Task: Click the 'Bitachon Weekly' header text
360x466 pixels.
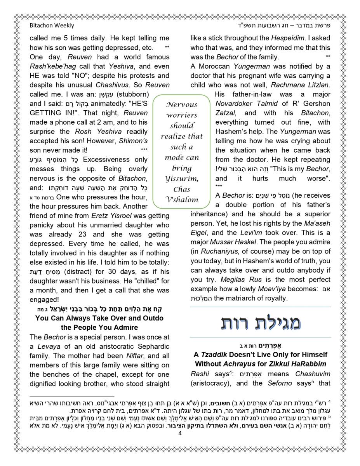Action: (x=52, y=26)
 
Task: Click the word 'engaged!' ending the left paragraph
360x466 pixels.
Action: (x=43, y=300)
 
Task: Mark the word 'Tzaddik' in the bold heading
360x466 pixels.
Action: (x=214, y=355)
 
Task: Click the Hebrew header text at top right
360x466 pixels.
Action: (x=297, y=26)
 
